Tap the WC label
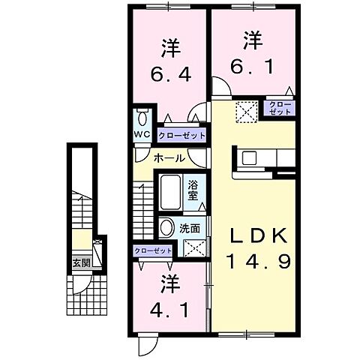pyautogui.click(x=142, y=135)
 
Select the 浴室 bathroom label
pyautogui.click(x=193, y=190)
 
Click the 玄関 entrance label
pyautogui.click(x=82, y=262)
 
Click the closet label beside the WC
pyautogui.click(x=181, y=135)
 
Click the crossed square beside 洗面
pyautogui.click(x=193, y=247)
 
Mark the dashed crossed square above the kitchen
pyautogui.click(x=247, y=112)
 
